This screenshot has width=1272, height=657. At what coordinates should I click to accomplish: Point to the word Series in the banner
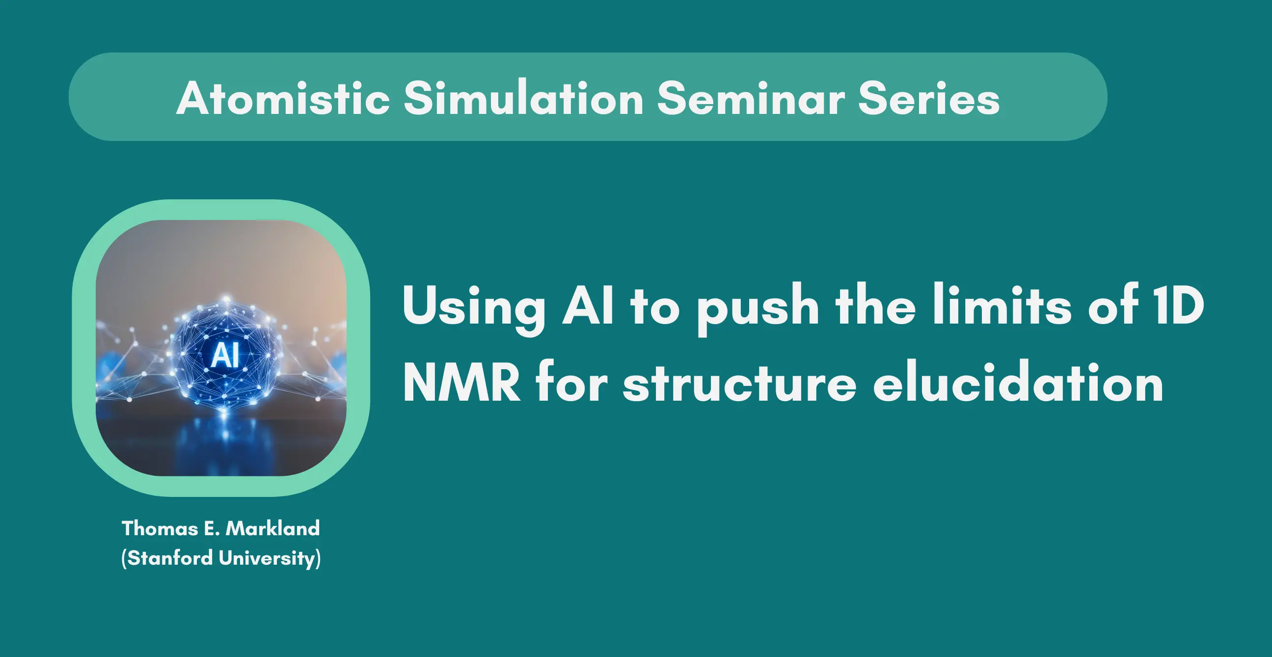pyautogui.click(x=929, y=98)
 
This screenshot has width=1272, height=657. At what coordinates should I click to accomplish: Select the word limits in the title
pyautogui.click(x=1002, y=304)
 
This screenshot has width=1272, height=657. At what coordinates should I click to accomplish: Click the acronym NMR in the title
pyautogui.click(x=461, y=383)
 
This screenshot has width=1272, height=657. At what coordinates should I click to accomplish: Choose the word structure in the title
pyautogui.click(x=739, y=383)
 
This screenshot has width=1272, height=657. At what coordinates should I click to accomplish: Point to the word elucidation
pyautogui.click(x=1018, y=382)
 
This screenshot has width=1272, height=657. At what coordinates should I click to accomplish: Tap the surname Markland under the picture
pyautogui.click(x=272, y=528)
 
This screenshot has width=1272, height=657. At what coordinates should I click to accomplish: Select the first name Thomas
pyautogui.click(x=160, y=528)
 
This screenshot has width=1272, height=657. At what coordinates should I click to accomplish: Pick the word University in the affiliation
pyautogui.click(x=267, y=559)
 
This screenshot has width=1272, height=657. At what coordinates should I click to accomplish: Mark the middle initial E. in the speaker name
pyautogui.click(x=212, y=528)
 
